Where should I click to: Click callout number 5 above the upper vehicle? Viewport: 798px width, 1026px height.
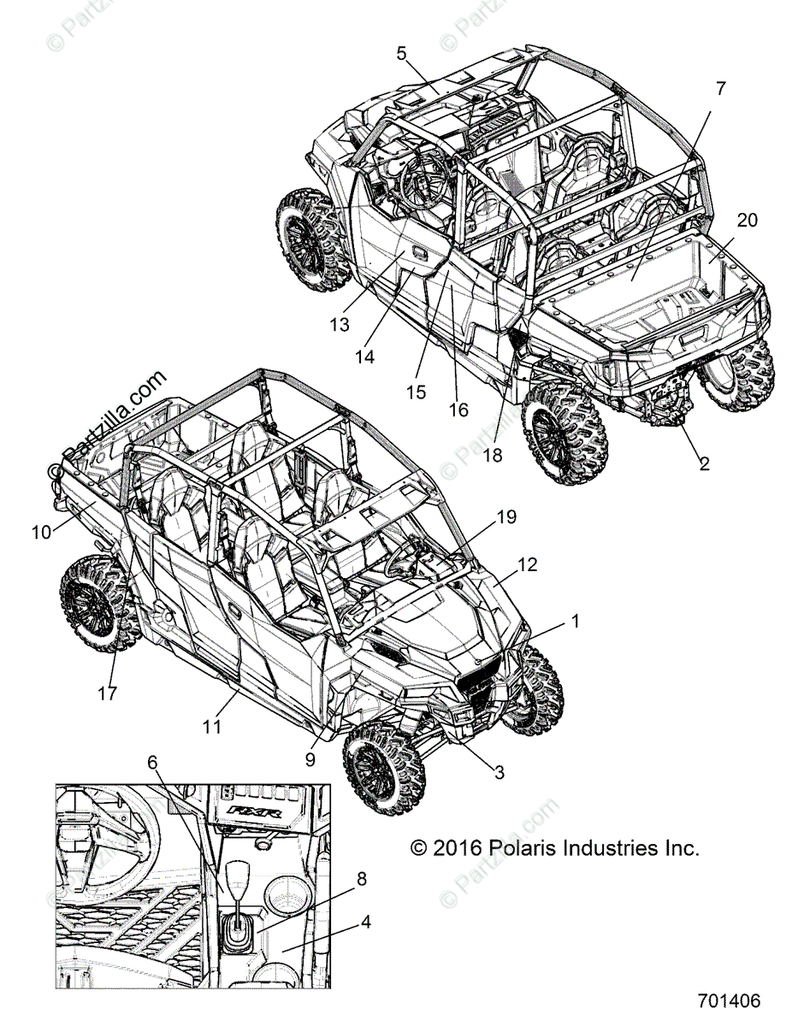coord(401,54)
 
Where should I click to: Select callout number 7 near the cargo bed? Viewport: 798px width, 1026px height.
coord(720,88)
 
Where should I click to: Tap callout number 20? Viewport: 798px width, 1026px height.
coord(747,221)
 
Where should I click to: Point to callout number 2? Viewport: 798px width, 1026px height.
coord(704,463)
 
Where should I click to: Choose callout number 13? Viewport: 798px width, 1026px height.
coord(340,325)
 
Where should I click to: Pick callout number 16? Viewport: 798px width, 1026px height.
coord(458,410)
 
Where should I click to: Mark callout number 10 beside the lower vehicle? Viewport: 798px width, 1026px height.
coord(42,532)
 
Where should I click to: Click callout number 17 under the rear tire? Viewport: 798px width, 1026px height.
coord(109,694)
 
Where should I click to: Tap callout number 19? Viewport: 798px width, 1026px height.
coord(507,516)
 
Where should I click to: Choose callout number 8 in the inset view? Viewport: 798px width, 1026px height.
coord(362,877)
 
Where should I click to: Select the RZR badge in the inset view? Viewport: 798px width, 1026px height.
coord(257,810)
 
